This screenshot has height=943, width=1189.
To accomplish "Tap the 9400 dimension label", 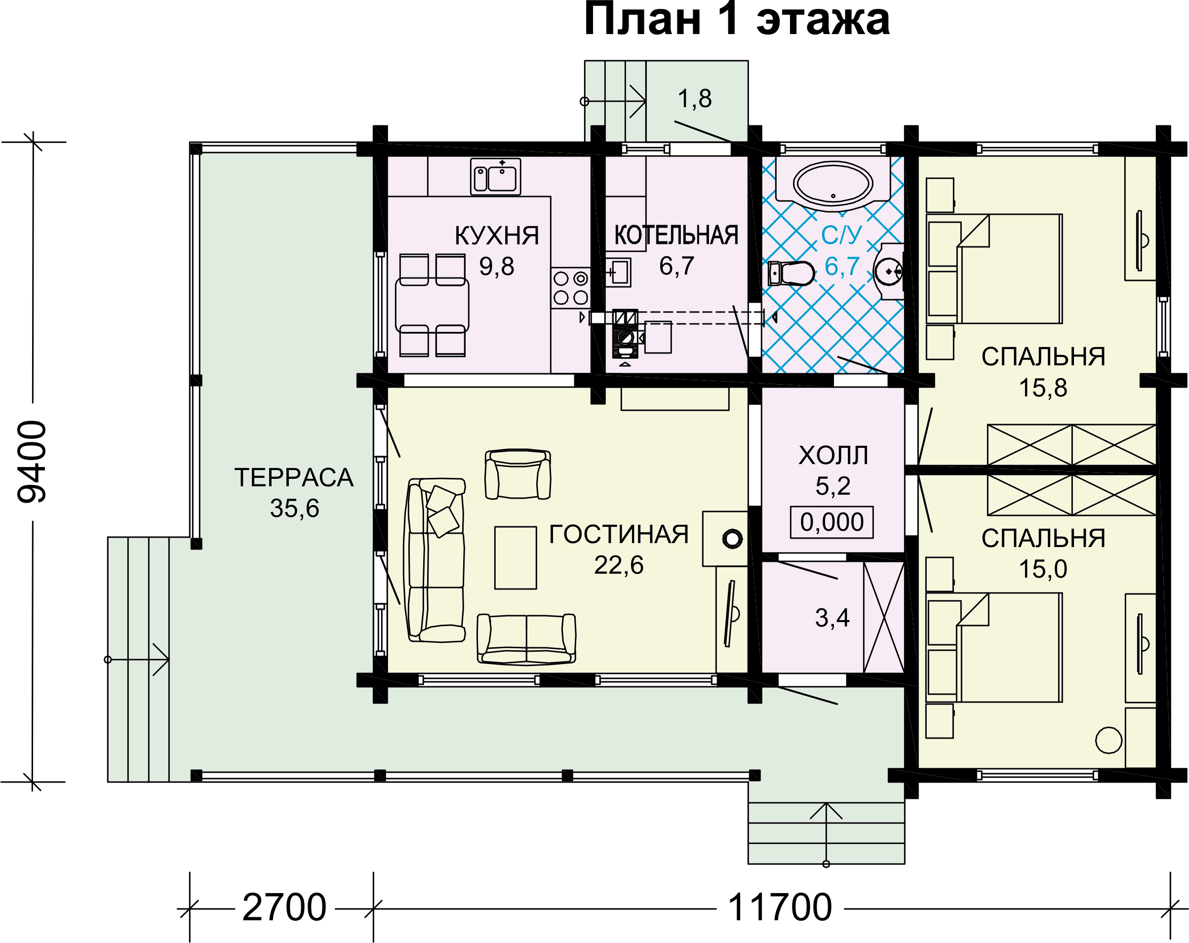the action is (x=32, y=462).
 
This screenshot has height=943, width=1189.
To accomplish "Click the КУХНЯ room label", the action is (x=496, y=236).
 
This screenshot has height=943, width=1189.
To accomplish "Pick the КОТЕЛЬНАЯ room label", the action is (x=676, y=235).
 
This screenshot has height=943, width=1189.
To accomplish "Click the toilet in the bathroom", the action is (x=791, y=273).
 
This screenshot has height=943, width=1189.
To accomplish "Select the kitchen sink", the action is (x=495, y=176).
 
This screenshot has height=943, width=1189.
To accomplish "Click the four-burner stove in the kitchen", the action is (x=570, y=287).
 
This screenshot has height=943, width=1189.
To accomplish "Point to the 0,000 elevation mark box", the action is (x=832, y=522).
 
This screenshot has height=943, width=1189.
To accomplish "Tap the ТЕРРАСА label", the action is (x=294, y=477).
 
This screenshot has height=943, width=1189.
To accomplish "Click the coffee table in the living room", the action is (x=515, y=557).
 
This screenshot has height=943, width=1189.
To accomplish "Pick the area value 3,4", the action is (x=832, y=618).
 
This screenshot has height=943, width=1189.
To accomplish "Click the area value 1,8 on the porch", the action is (x=694, y=99).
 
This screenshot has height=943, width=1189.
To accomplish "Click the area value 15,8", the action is (x=1043, y=388).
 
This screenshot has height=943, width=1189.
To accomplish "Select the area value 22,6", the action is (x=619, y=565).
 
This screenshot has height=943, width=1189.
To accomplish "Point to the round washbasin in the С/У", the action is (x=889, y=272).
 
